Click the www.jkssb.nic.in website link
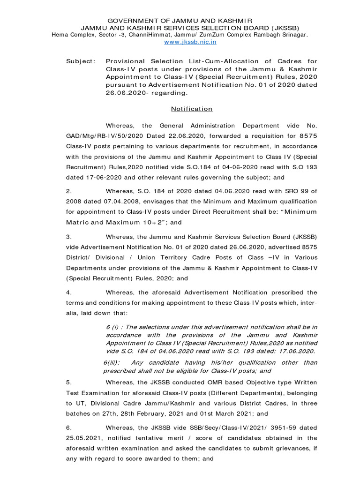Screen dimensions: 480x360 (190, 42)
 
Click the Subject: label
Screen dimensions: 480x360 (80, 61)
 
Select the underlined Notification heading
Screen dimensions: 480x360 (191, 109)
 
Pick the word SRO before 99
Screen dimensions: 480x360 (285, 191)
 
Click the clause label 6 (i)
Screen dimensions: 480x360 (113, 326)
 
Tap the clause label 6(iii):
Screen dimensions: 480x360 (112, 362)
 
